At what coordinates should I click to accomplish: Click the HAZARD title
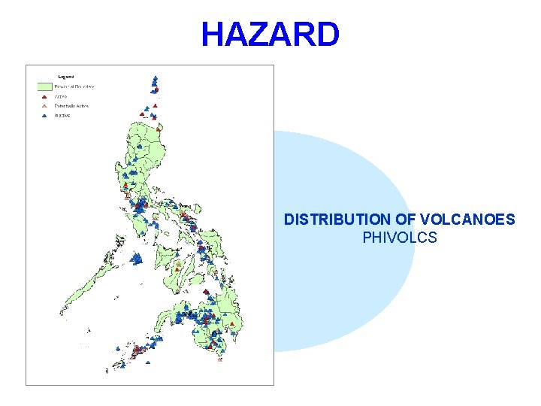point(270,35)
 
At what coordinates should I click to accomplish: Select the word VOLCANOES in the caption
point(467,220)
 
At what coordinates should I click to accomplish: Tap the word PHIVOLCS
point(400,238)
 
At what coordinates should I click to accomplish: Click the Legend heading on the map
point(66,77)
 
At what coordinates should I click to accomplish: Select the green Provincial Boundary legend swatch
point(44,86)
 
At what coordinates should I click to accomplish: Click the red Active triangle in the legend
point(44,97)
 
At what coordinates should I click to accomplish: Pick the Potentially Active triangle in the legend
point(44,107)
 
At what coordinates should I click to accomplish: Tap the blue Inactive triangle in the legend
point(44,117)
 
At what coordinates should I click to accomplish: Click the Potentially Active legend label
point(71,107)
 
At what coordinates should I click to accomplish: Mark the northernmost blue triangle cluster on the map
point(155,80)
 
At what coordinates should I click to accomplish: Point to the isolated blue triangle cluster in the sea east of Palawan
point(137,258)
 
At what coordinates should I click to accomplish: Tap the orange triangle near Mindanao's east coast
point(233,323)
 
